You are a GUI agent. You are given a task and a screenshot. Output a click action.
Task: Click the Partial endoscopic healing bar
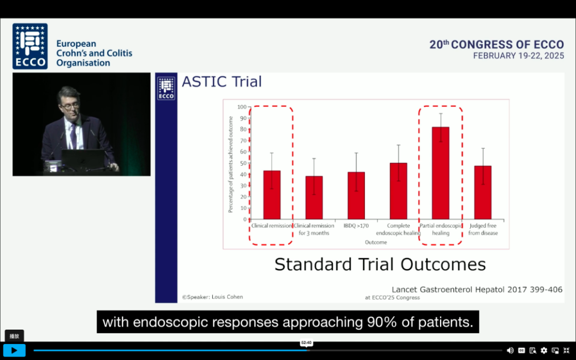441,173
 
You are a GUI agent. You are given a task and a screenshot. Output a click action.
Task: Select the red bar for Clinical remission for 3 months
314,198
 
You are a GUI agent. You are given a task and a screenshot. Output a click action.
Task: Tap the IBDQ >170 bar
356,195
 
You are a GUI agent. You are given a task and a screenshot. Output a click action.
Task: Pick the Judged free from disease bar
483,193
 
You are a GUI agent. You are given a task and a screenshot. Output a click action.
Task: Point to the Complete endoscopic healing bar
398,191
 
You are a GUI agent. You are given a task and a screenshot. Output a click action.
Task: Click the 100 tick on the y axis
242,107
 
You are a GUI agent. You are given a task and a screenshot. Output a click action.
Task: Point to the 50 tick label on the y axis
243,163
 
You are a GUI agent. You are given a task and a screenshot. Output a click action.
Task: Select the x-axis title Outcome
376,243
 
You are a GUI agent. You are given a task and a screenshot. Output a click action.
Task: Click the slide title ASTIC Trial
222,82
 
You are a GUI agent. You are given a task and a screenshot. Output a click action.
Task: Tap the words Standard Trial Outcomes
380,265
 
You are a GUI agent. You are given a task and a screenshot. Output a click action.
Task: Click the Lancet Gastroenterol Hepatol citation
477,290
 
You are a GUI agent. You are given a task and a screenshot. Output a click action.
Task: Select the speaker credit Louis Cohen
212,297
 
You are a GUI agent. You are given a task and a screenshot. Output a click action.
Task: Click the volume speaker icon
510,350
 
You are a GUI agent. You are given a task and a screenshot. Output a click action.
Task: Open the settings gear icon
543,350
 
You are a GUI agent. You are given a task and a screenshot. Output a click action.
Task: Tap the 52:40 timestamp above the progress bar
306,343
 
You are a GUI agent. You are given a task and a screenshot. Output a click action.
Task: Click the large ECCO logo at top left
30,46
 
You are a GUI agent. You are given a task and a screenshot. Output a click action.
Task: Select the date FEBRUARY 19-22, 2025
518,56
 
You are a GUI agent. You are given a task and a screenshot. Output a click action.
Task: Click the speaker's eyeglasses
70,107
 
